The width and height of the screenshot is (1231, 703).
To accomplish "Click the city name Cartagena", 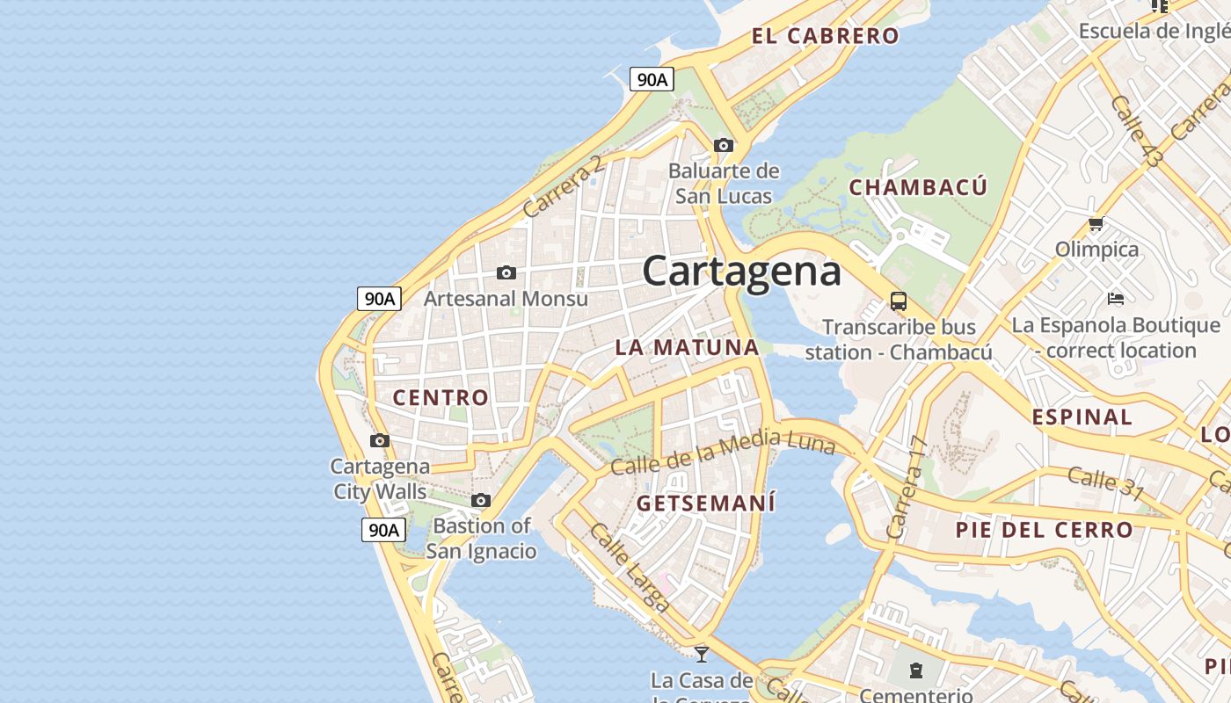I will [741, 271].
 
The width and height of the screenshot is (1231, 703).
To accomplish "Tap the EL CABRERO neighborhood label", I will [825, 36].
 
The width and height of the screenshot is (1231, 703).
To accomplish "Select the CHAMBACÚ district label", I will [918, 187].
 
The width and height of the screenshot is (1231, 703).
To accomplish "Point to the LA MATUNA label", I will [687, 347].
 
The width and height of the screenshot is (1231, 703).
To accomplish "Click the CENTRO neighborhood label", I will [441, 397].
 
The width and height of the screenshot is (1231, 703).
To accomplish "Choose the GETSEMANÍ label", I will [706, 504].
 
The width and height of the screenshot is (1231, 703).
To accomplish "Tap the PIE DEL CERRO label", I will [1045, 530].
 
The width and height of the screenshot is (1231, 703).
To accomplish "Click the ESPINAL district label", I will [1082, 417].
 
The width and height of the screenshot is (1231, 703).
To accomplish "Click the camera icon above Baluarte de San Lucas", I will [724, 145].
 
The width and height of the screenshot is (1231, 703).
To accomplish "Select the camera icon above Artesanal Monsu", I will [506, 273].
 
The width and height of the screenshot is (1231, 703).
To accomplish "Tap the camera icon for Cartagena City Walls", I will [380, 440].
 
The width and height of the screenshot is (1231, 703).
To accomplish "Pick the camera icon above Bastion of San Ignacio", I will [480, 501].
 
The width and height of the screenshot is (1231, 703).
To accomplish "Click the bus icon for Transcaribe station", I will [899, 301].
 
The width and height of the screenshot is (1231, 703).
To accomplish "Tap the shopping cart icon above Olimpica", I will [1096, 224].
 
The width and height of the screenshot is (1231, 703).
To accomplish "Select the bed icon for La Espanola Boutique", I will [1116, 299].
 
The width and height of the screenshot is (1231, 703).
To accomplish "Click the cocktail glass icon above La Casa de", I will [702, 654].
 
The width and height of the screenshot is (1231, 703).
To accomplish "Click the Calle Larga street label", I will [630, 567].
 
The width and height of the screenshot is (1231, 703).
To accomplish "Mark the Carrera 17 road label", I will [907, 488].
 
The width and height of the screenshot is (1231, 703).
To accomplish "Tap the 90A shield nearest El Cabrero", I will [652, 79].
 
